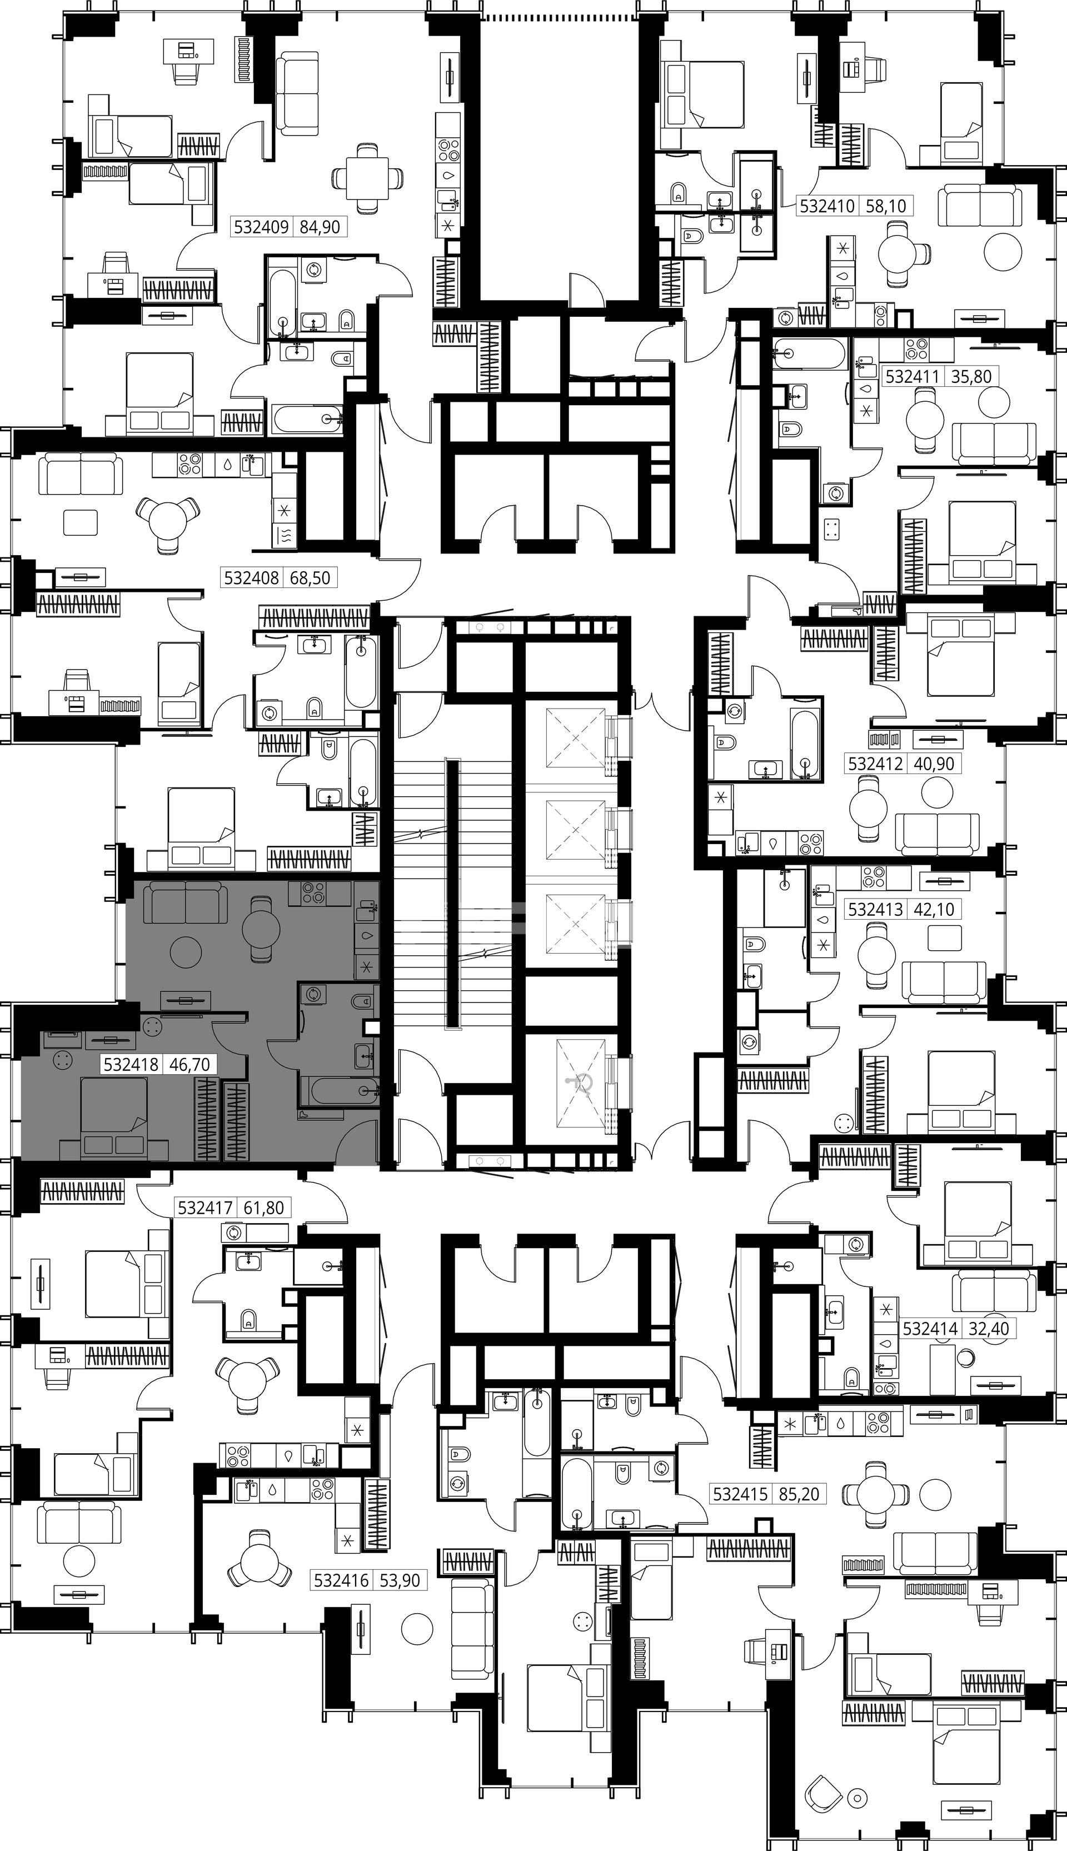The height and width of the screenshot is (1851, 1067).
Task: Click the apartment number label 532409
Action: click(x=262, y=227)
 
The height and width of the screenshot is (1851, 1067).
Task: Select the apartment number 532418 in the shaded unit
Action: click(x=131, y=1064)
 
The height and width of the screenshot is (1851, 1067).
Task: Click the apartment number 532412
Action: click(x=876, y=764)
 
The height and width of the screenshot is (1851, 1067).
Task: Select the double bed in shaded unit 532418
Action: click(x=113, y=1119)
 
